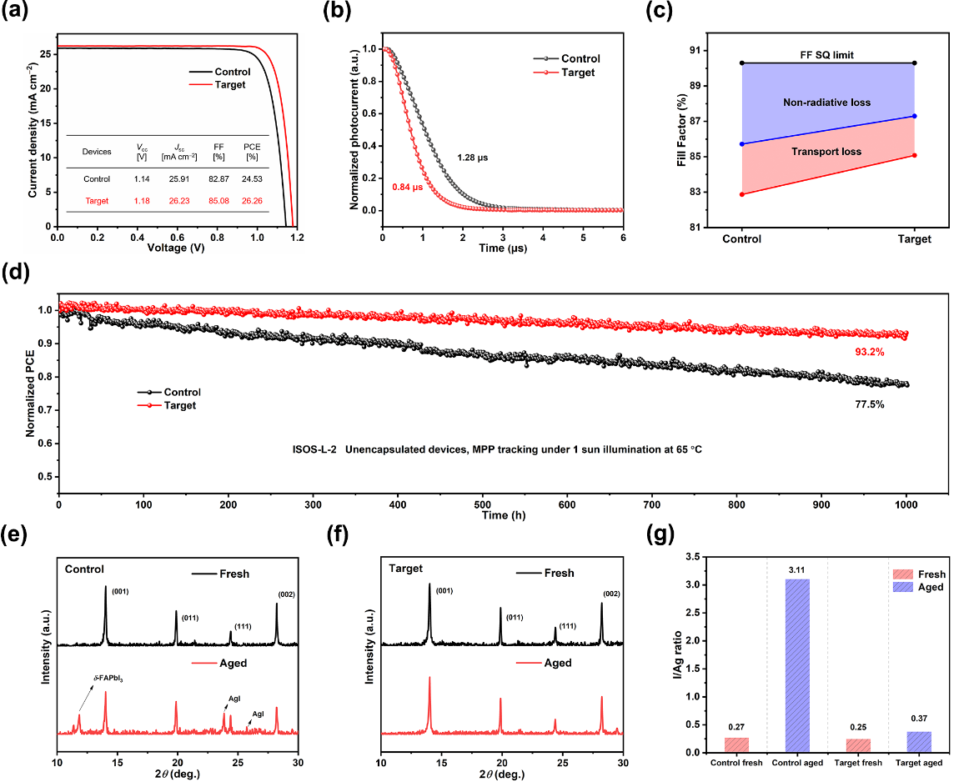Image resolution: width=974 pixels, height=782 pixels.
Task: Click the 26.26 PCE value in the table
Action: pyautogui.click(x=251, y=201)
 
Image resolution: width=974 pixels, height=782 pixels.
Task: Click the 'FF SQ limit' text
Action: pyautogui.click(x=826, y=55)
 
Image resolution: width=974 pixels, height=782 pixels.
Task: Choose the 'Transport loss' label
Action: pyautogui.click(x=827, y=152)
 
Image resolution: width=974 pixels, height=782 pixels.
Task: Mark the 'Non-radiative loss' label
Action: pyautogui.click(x=826, y=103)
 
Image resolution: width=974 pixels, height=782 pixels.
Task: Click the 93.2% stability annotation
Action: pyautogui.click(x=869, y=353)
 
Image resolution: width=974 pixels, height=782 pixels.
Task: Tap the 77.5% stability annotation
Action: pyautogui.click(x=869, y=404)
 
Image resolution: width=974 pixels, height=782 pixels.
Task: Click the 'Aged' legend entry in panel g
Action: pyautogui.click(x=930, y=587)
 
